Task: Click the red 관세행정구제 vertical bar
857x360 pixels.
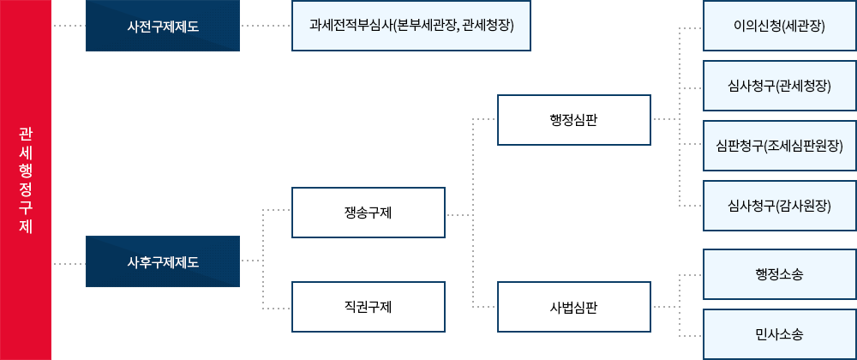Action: [26, 180]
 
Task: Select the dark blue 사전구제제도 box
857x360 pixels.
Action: [162, 26]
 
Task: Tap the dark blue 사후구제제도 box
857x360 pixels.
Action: [162, 261]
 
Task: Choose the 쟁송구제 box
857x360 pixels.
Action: [369, 212]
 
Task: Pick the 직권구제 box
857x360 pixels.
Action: [369, 307]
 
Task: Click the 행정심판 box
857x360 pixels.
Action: [574, 118]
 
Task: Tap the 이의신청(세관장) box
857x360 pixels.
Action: [779, 26]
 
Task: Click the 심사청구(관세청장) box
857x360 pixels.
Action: [779, 86]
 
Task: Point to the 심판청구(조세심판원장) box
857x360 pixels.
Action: [779, 146]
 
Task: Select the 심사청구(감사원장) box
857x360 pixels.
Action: [779, 206]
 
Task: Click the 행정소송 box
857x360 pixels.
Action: [779, 274]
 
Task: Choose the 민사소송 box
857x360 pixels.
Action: [779, 334]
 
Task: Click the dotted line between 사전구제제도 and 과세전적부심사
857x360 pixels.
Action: [266, 26]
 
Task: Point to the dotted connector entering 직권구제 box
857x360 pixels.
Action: [277, 307]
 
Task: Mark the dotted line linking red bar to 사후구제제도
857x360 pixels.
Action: [69, 263]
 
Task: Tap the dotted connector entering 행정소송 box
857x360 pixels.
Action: [690, 274]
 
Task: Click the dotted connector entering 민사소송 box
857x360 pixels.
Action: [690, 334]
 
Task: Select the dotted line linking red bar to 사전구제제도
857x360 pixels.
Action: [69, 26]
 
